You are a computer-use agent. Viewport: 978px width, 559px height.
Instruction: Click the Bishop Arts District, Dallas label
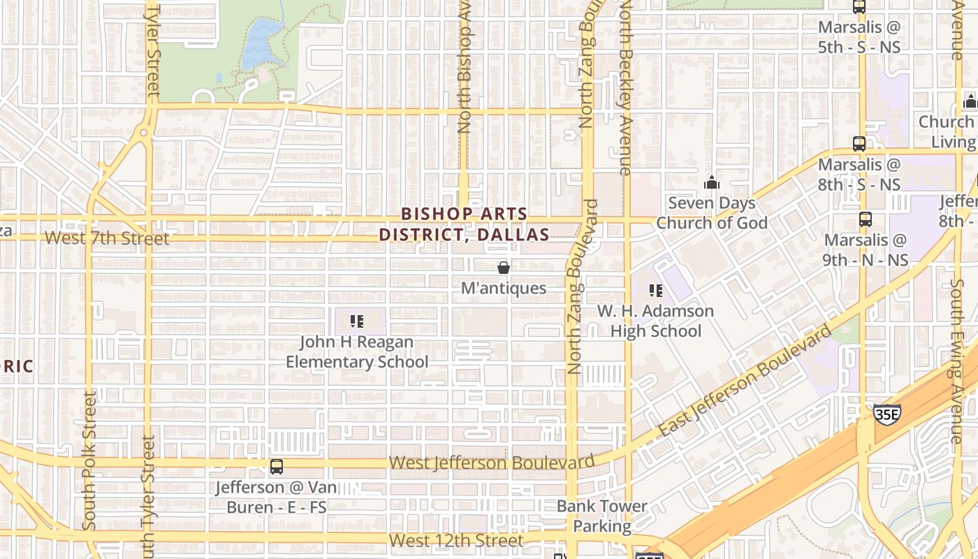click(x=464, y=224)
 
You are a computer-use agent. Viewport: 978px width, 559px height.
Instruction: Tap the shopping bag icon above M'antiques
click(x=503, y=268)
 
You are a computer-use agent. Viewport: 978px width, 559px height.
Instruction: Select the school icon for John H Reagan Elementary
click(x=357, y=321)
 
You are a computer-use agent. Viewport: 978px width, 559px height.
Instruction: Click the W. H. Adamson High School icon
click(x=655, y=291)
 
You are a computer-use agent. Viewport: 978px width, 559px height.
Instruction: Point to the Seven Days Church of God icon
click(x=712, y=182)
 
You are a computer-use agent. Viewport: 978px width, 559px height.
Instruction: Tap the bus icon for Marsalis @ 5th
click(x=859, y=7)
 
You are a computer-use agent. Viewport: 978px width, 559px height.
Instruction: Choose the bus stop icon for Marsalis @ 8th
click(x=859, y=144)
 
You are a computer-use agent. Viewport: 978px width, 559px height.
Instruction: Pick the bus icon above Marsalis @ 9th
click(x=866, y=219)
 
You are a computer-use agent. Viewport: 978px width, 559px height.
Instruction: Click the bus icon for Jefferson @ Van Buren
click(x=277, y=467)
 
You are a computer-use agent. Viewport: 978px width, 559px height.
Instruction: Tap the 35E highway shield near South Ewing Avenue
click(x=886, y=414)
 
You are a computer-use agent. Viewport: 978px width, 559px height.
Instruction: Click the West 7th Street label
click(x=107, y=238)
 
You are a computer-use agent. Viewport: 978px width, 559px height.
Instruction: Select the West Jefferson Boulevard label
click(x=492, y=463)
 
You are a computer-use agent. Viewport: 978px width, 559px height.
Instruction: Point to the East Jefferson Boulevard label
click(x=745, y=382)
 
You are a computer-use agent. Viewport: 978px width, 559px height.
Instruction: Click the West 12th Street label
click(x=456, y=541)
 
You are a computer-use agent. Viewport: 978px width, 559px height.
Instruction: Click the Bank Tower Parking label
click(x=602, y=516)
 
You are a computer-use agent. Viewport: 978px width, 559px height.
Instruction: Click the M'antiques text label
click(x=503, y=288)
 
